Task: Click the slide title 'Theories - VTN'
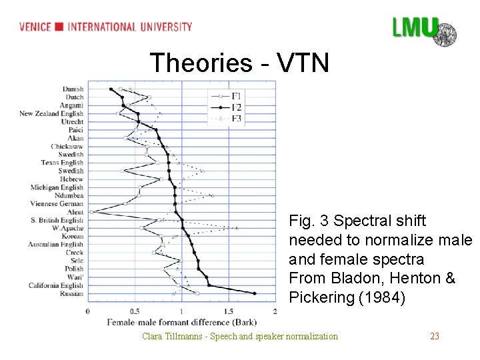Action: tap(239, 63)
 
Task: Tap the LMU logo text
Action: tap(415, 28)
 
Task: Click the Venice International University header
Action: tap(105, 27)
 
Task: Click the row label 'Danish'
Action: tap(73, 89)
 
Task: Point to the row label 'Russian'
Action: tap(72, 294)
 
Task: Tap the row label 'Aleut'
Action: tap(75, 212)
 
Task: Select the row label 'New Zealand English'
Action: tap(51, 113)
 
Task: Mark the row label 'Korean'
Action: tap(72, 237)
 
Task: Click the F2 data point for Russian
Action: tap(255, 293)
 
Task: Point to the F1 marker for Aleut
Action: tap(91, 212)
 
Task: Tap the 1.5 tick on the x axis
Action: tap(229, 311)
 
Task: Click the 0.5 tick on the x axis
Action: tap(135, 311)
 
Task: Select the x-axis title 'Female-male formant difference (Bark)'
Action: tap(181, 323)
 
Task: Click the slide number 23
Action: tap(435, 336)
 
